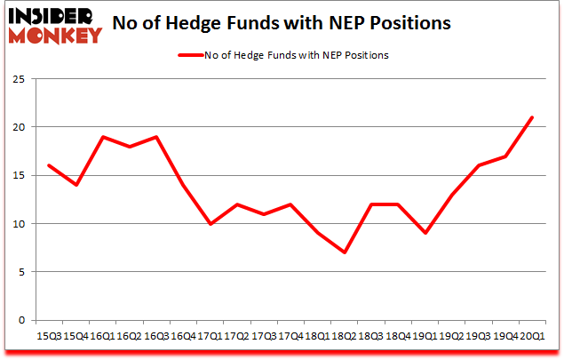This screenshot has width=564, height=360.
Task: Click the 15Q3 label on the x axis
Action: coord(49,338)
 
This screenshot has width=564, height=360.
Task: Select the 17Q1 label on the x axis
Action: coord(210,338)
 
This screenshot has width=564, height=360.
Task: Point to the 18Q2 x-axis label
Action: coord(344,338)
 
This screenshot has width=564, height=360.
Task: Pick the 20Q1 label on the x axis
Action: coord(531,338)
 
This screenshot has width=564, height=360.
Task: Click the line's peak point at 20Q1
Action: coord(531,117)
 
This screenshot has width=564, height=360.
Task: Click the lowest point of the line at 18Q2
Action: coord(344,252)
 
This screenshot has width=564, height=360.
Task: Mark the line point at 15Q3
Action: coord(49,165)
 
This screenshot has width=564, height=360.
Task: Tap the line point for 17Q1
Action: coord(210,224)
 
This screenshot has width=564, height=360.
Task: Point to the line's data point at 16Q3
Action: coord(156,137)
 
